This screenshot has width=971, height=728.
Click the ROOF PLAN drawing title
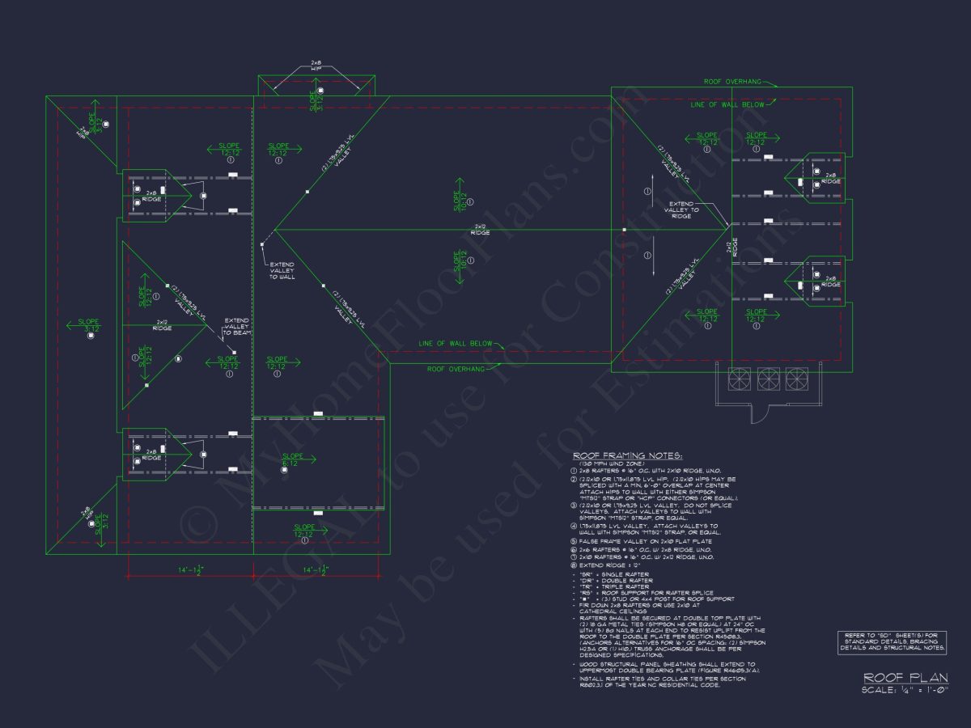905,678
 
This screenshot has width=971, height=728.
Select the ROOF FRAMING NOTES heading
627,456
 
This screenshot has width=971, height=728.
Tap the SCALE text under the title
905,689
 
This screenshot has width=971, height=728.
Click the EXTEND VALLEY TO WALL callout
282,270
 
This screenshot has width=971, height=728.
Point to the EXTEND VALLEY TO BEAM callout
237,326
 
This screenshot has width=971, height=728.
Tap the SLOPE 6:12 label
293,459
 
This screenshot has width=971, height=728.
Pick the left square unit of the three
740,379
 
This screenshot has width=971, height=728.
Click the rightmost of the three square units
797,379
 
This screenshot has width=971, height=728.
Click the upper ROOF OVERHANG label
732,82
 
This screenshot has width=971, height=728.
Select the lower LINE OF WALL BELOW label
455,344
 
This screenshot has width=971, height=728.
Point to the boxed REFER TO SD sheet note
892,642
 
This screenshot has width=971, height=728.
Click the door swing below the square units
759,413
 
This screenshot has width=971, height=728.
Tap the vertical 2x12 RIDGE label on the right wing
733,248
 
